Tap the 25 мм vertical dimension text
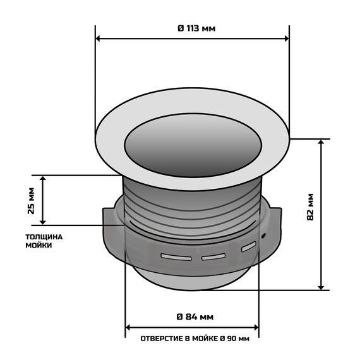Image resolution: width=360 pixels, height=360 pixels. click(x=32, y=201)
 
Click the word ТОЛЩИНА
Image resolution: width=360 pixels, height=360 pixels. click(x=44, y=237)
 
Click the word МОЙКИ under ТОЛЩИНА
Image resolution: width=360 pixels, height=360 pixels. click(x=39, y=246)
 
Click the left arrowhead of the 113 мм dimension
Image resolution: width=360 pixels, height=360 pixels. click(x=99, y=39)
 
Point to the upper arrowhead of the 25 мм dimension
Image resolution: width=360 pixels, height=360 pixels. click(x=43, y=179)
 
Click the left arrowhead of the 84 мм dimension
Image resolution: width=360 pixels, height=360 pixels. click(x=130, y=327)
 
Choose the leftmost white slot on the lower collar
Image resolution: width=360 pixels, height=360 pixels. click(x=176, y=257)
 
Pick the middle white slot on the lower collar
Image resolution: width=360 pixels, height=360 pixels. click(x=213, y=256)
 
